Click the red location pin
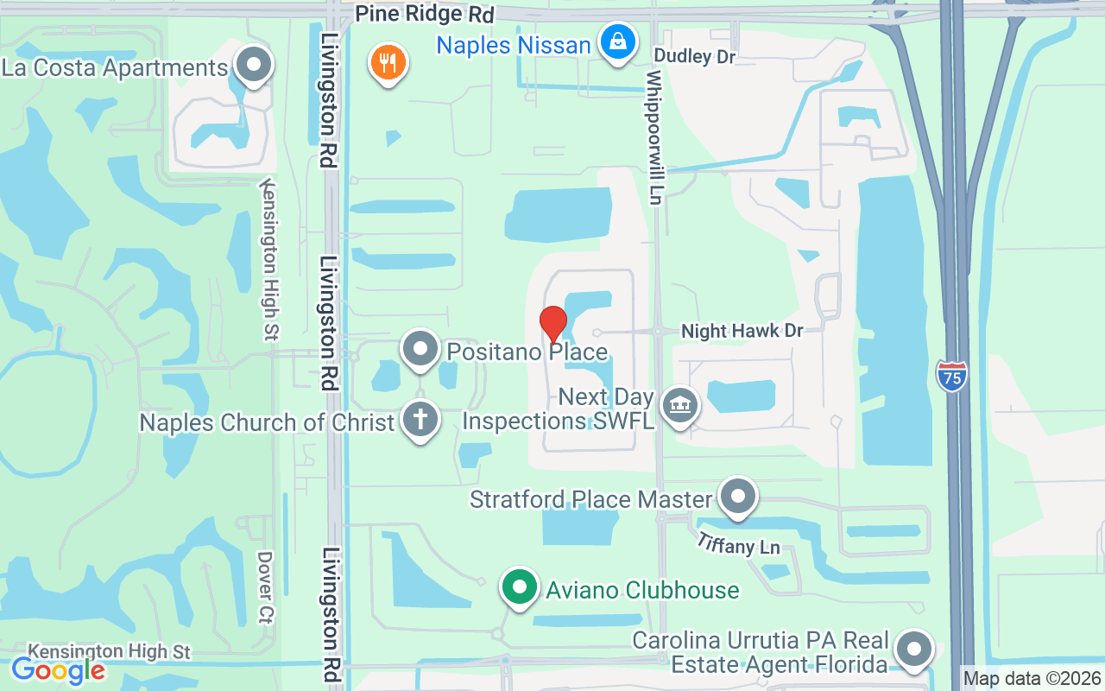pos(552,324)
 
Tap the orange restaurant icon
pos(388,63)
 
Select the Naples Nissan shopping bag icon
pos(618,41)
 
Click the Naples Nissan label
pos(513,45)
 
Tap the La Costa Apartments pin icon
pos(254,65)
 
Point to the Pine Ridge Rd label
pos(425,15)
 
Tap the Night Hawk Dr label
pos(742,331)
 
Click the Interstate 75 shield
pos(950,376)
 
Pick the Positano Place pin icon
pos(420,350)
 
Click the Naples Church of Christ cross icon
pos(420,421)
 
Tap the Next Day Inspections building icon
pos(679,405)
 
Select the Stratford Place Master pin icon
pos(737,497)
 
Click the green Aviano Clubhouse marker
pos(519,588)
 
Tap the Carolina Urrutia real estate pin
pos(914,649)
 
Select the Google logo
pos(58,669)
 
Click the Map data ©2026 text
pos(1032,679)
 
